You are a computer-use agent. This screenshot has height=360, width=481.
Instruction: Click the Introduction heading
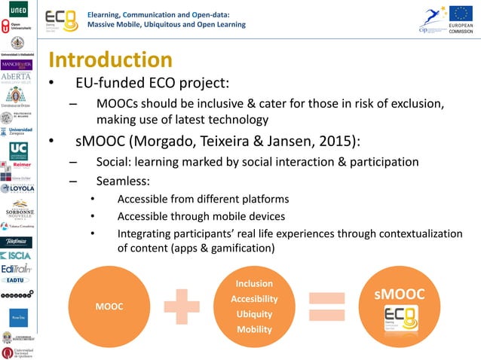coord(110,59)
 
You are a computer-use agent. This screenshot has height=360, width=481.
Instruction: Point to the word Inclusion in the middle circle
coord(254,284)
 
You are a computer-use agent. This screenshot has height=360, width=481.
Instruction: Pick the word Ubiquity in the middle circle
coord(254,314)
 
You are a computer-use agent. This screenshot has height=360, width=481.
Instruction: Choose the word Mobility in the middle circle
coord(254,329)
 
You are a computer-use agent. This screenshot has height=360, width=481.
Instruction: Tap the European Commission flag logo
coord(461,14)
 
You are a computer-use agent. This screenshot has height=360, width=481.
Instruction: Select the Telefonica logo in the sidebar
coord(17,242)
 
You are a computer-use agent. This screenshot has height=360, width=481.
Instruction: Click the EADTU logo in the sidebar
coord(17,279)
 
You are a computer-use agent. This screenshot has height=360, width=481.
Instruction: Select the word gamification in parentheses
coord(240,248)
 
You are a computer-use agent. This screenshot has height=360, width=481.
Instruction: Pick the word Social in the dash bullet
coord(112,161)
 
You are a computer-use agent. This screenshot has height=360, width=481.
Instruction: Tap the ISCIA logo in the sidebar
coord(17,256)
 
